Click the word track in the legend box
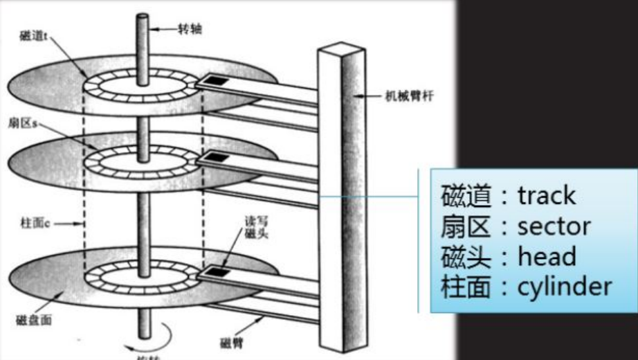coord(546,196)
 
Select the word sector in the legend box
coord(554,226)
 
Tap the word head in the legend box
coord(547,256)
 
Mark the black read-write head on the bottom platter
coord(221,271)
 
